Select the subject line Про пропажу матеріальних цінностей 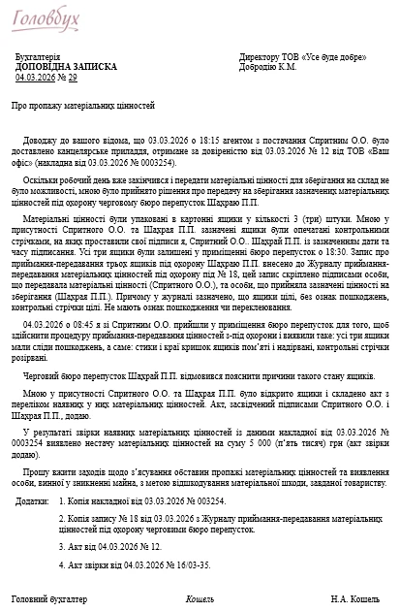pyautogui.click(x=84, y=103)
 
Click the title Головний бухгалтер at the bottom pyautogui.click(x=48, y=598)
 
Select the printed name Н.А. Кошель pyautogui.click(x=353, y=598)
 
